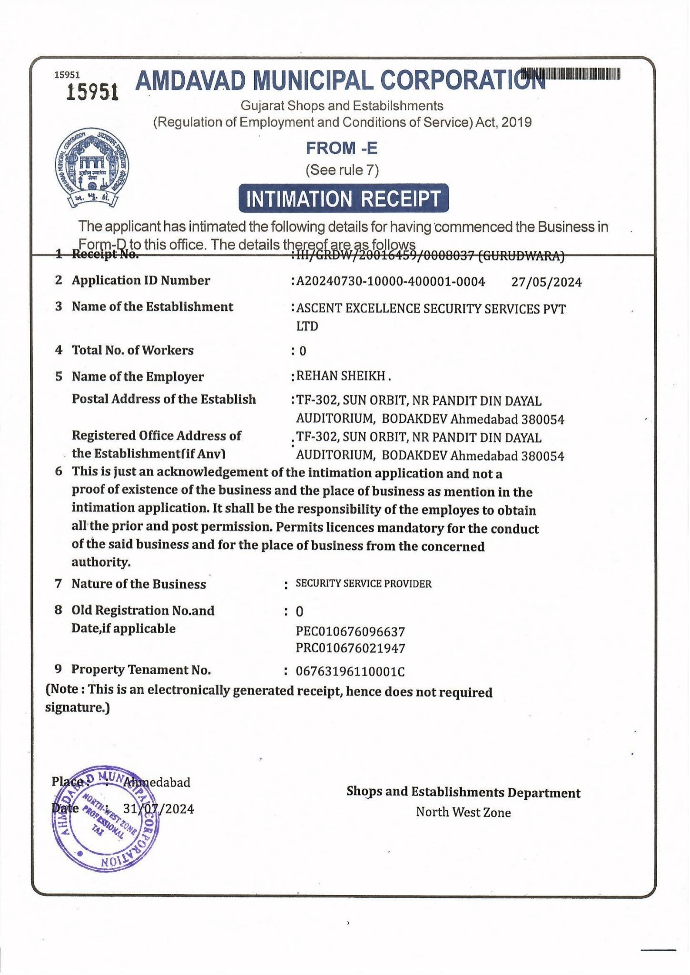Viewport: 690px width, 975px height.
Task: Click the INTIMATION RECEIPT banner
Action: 344,198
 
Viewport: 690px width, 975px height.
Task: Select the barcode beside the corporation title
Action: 571,74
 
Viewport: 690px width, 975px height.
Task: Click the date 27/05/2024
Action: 546,282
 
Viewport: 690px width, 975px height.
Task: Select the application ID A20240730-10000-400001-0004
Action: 390,282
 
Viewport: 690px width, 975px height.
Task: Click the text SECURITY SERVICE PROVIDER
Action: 364,584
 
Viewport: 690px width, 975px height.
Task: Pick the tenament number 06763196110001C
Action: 350,672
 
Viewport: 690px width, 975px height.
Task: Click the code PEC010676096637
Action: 350,632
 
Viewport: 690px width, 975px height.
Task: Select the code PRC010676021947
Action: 350,648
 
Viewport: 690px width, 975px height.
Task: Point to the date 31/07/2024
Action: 158,809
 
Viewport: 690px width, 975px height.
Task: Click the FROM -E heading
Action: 342,148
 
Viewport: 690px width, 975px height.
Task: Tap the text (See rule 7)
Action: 342,170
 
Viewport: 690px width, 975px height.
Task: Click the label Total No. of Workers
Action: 132,350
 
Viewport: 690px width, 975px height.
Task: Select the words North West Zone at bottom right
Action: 463,812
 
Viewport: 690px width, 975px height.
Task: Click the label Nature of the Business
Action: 138,584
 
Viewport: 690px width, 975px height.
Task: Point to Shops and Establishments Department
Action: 463,792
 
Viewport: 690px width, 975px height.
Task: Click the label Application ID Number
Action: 141,280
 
